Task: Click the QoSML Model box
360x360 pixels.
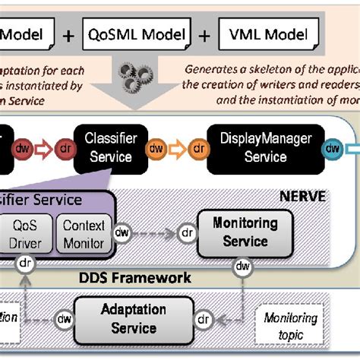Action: tap(137, 33)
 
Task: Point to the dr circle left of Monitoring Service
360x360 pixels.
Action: tap(185, 234)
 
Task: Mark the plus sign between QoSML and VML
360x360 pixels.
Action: tap(204, 33)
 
